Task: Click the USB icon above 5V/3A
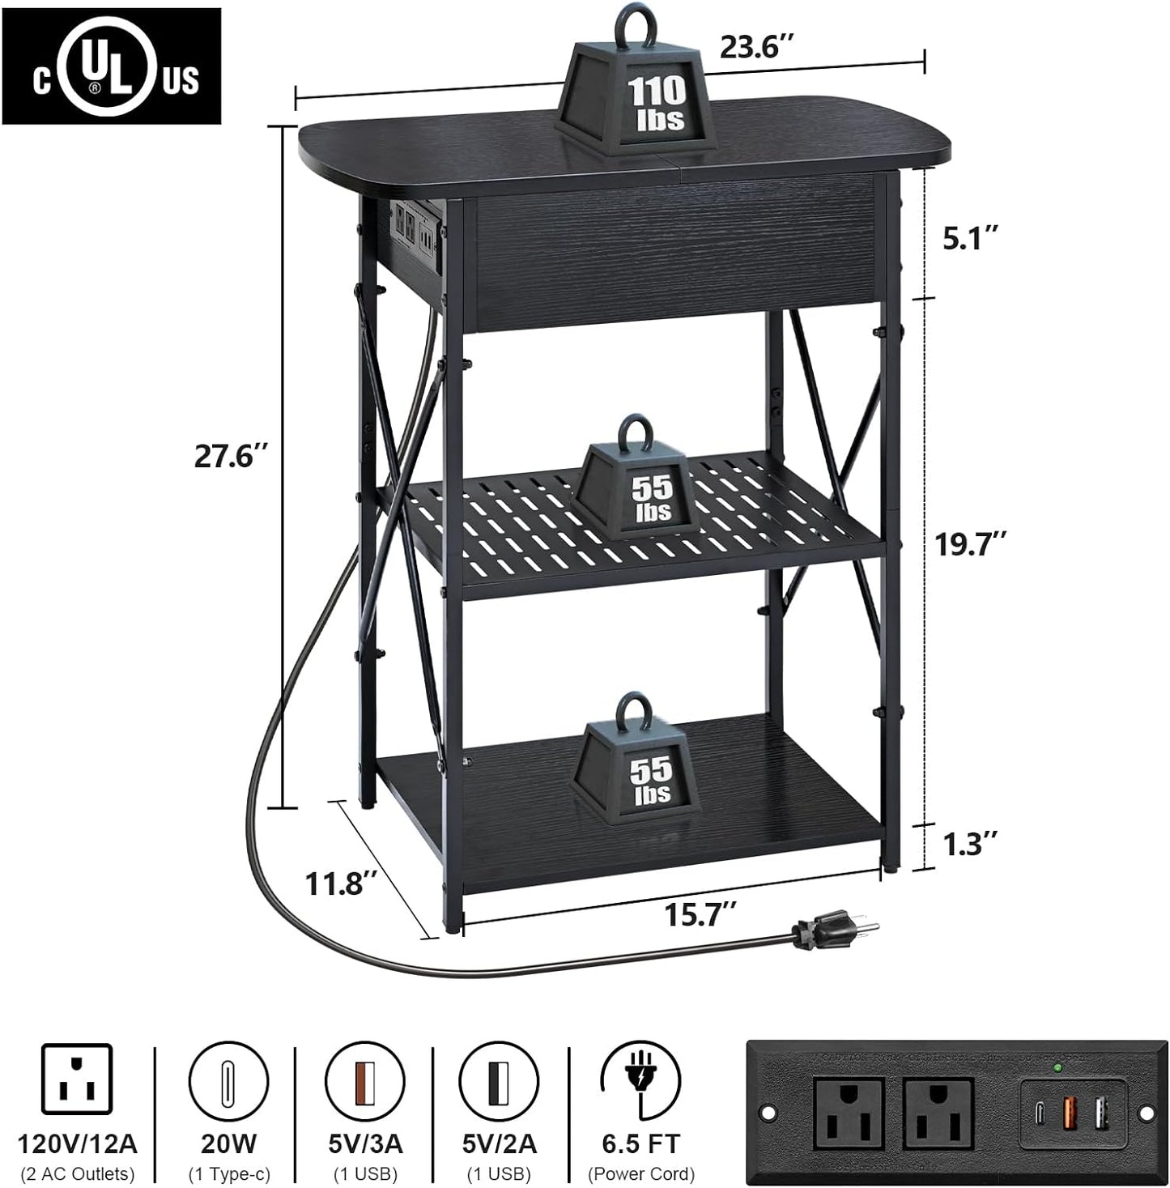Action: pyautogui.click(x=364, y=1080)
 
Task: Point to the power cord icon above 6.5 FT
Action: pyautogui.click(x=640, y=1080)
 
